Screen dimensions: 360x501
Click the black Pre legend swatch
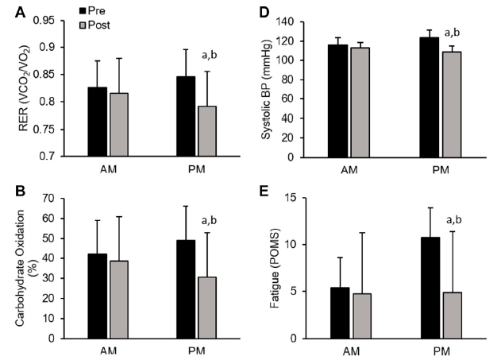[83, 10]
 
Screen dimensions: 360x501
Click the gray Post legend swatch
[83, 24]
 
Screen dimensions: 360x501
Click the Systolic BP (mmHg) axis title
[269, 87]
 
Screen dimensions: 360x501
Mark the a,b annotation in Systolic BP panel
[453, 33]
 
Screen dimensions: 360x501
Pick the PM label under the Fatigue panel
[440, 350]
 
